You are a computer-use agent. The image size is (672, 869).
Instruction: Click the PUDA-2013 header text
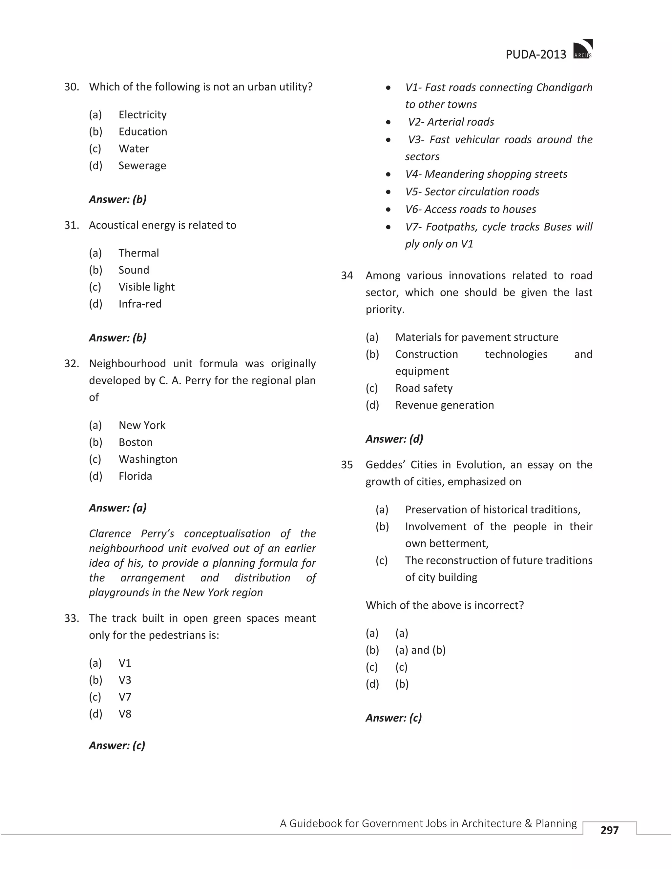(535, 54)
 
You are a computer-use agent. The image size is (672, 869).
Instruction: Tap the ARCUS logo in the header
(583, 49)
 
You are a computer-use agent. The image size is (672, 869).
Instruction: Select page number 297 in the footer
(610, 830)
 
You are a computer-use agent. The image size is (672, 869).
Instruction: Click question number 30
(72, 87)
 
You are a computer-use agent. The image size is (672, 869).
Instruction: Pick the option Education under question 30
(142, 132)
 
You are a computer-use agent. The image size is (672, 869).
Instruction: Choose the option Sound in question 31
(134, 270)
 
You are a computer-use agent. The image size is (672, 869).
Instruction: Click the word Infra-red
(140, 304)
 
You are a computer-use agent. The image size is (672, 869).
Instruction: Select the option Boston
(136, 442)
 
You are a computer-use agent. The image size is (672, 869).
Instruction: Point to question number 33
(72, 618)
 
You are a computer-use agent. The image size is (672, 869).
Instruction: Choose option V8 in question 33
(125, 714)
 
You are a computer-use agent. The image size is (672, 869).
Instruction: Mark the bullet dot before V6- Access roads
(388, 210)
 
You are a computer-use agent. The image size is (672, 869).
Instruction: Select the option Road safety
(424, 388)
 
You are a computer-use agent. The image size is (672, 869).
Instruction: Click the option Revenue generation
(444, 405)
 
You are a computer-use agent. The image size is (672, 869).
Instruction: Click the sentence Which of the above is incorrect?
(444, 605)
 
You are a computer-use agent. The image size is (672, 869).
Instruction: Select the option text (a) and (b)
(420, 650)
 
